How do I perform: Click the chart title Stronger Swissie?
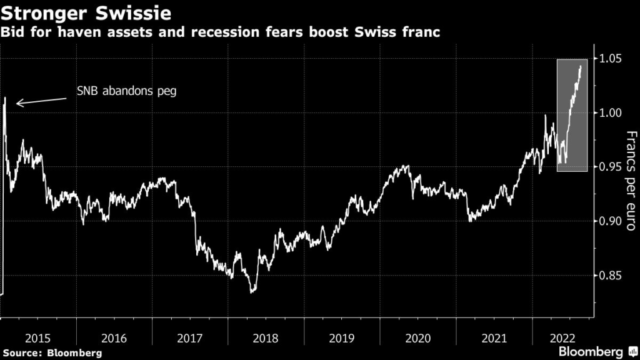[x=87, y=12]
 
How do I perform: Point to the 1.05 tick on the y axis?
[x=610, y=59]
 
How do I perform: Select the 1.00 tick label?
[x=610, y=113]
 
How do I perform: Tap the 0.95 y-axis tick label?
[x=610, y=167]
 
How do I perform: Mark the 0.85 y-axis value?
[x=610, y=275]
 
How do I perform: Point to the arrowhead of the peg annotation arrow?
[x=17, y=103]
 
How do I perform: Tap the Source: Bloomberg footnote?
[x=52, y=353]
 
